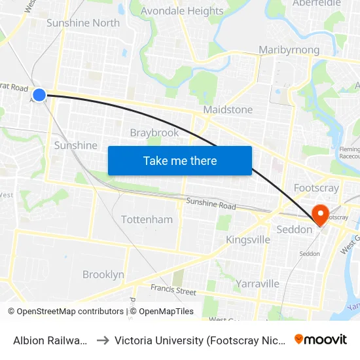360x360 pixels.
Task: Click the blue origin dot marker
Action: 39,95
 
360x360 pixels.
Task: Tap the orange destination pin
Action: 321,214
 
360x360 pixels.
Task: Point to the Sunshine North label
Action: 83,23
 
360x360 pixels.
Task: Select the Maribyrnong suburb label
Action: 289,50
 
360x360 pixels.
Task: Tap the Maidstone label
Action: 228,109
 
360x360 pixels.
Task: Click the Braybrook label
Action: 154,133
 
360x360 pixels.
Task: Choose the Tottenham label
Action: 147,219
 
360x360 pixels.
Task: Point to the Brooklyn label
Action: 103,274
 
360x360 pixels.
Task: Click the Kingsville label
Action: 248,240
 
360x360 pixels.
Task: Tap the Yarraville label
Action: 258,283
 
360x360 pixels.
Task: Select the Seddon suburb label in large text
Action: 295,230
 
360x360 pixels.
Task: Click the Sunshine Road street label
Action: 211,204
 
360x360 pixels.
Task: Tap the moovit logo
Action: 321,339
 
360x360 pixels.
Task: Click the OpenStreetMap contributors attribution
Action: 65,312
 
